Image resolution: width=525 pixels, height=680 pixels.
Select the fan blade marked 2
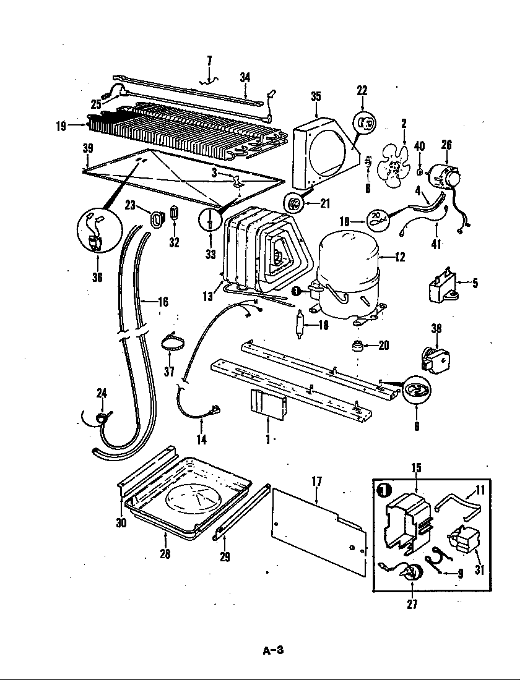tap(392, 166)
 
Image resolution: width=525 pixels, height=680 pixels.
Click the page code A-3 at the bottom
tap(272, 650)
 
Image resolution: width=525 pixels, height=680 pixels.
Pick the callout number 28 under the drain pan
tap(165, 554)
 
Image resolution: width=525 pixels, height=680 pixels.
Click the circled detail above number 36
tap(97, 231)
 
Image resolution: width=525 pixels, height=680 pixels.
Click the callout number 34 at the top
tap(245, 77)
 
